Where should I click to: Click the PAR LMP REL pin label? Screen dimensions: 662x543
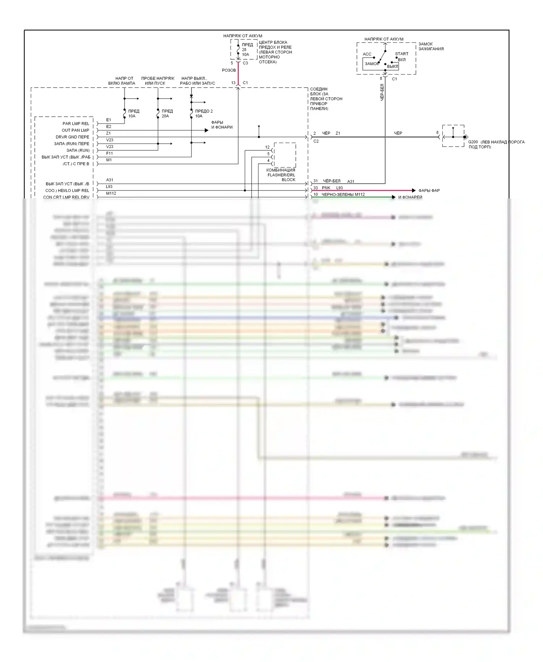coord(76,123)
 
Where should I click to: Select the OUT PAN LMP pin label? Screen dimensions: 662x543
coord(75,130)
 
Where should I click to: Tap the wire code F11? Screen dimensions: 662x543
coord(109,153)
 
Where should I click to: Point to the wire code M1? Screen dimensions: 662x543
coord(109,160)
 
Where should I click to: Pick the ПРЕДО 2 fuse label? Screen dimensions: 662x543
coord(204,111)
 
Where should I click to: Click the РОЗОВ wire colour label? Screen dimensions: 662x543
coord(229,70)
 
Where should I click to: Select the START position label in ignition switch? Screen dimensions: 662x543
coord(401,54)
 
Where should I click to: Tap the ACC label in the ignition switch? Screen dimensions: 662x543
coord(367,54)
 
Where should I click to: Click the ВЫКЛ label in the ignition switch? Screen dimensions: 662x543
coord(392,67)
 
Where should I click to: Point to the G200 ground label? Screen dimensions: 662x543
coord(473,142)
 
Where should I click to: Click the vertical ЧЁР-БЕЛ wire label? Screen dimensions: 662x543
coord(382,92)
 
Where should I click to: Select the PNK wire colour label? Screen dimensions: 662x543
coord(326,188)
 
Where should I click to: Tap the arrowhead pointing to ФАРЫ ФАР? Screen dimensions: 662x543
coord(413,190)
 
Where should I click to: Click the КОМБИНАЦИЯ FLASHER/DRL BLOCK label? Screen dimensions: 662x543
coord(281,175)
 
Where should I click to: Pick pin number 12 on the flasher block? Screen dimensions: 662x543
coord(268,147)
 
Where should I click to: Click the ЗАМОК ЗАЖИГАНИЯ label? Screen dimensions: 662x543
coord(431,46)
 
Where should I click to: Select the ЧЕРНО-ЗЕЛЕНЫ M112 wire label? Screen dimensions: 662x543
coord(343,194)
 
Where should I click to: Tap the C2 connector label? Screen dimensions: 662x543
coord(316,141)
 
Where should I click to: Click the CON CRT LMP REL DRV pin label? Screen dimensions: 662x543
coord(66,197)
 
